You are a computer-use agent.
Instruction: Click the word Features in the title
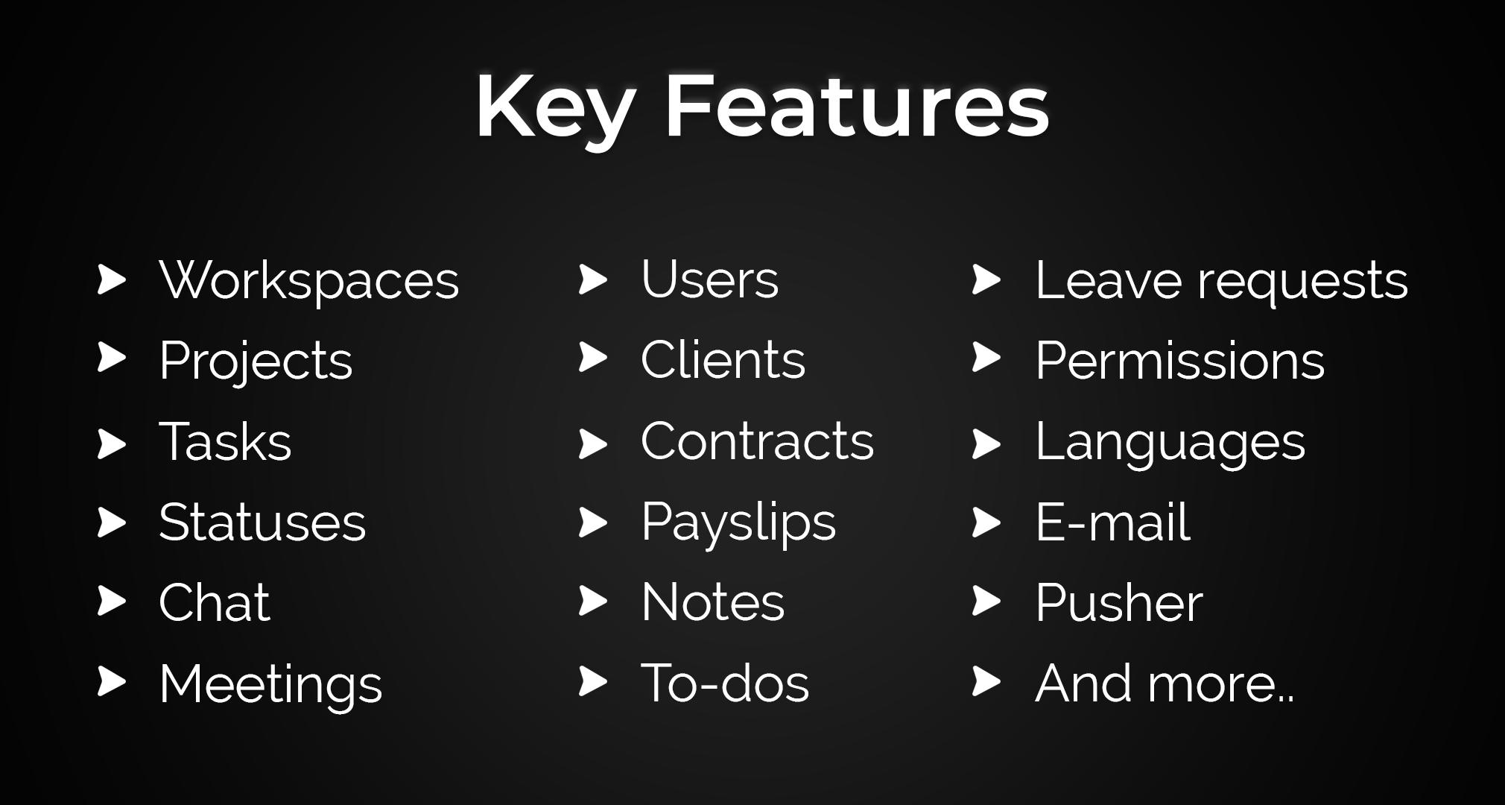(857, 105)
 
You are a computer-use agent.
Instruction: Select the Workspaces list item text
(309, 281)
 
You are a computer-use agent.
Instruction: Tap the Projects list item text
(256, 362)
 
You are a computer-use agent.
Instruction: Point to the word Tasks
(225, 441)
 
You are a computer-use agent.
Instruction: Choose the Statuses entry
(262, 522)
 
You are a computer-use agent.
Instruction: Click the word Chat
(215, 602)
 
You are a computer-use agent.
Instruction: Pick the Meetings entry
(270, 684)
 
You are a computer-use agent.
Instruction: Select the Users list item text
(709, 280)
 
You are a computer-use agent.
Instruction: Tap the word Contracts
(757, 441)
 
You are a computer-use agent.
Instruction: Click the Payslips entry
(738, 523)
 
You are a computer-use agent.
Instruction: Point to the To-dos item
(725, 683)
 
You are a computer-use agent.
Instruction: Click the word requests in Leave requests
(1303, 282)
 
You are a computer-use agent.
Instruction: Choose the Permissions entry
(1180, 361)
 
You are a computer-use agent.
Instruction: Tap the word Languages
(1170, 443)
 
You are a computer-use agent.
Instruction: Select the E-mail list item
(1113, 522)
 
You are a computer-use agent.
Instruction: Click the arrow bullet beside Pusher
(986, 602)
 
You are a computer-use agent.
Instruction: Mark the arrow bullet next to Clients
(593, 358)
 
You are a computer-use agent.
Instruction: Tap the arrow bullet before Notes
(593, 602)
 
